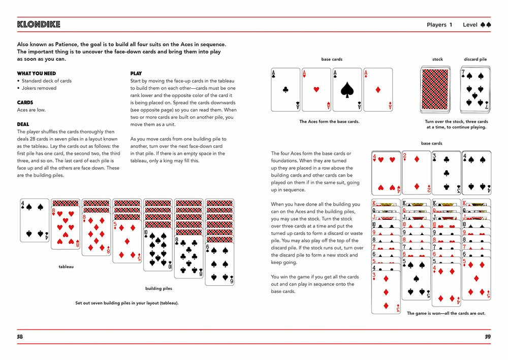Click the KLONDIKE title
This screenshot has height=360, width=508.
pos(39,24)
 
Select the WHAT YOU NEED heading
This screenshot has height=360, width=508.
pos(37,74)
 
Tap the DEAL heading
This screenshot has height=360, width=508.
pos(23,124)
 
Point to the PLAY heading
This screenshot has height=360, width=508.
pos(136,74)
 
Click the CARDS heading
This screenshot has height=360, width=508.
pos(25,103)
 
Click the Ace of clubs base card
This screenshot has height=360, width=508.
pos(285,90)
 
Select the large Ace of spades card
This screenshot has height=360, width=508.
pos(347,90)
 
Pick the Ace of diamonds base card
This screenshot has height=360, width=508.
pos(377,90)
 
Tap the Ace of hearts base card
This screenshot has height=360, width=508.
pos(316,90)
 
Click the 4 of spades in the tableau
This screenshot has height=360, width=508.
pos(35,220)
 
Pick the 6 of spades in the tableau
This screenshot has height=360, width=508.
pos(220,263)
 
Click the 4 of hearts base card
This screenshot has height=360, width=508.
pos(386,173)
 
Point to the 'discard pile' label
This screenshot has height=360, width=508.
pos(475,59)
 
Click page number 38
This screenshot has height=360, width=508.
pos(20,337)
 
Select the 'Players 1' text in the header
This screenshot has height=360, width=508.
pos(439,25)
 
